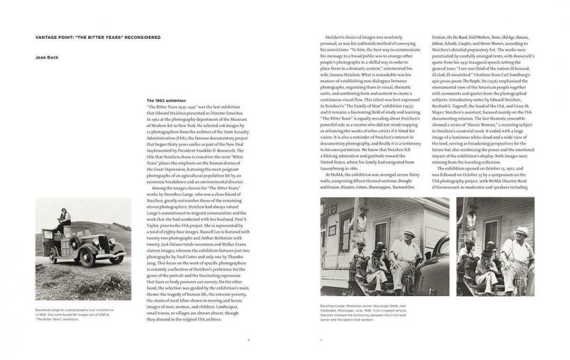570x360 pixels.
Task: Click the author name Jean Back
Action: pos(46,58)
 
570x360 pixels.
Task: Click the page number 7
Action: pos(320,340)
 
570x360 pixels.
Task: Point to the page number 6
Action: pos(248,340)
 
